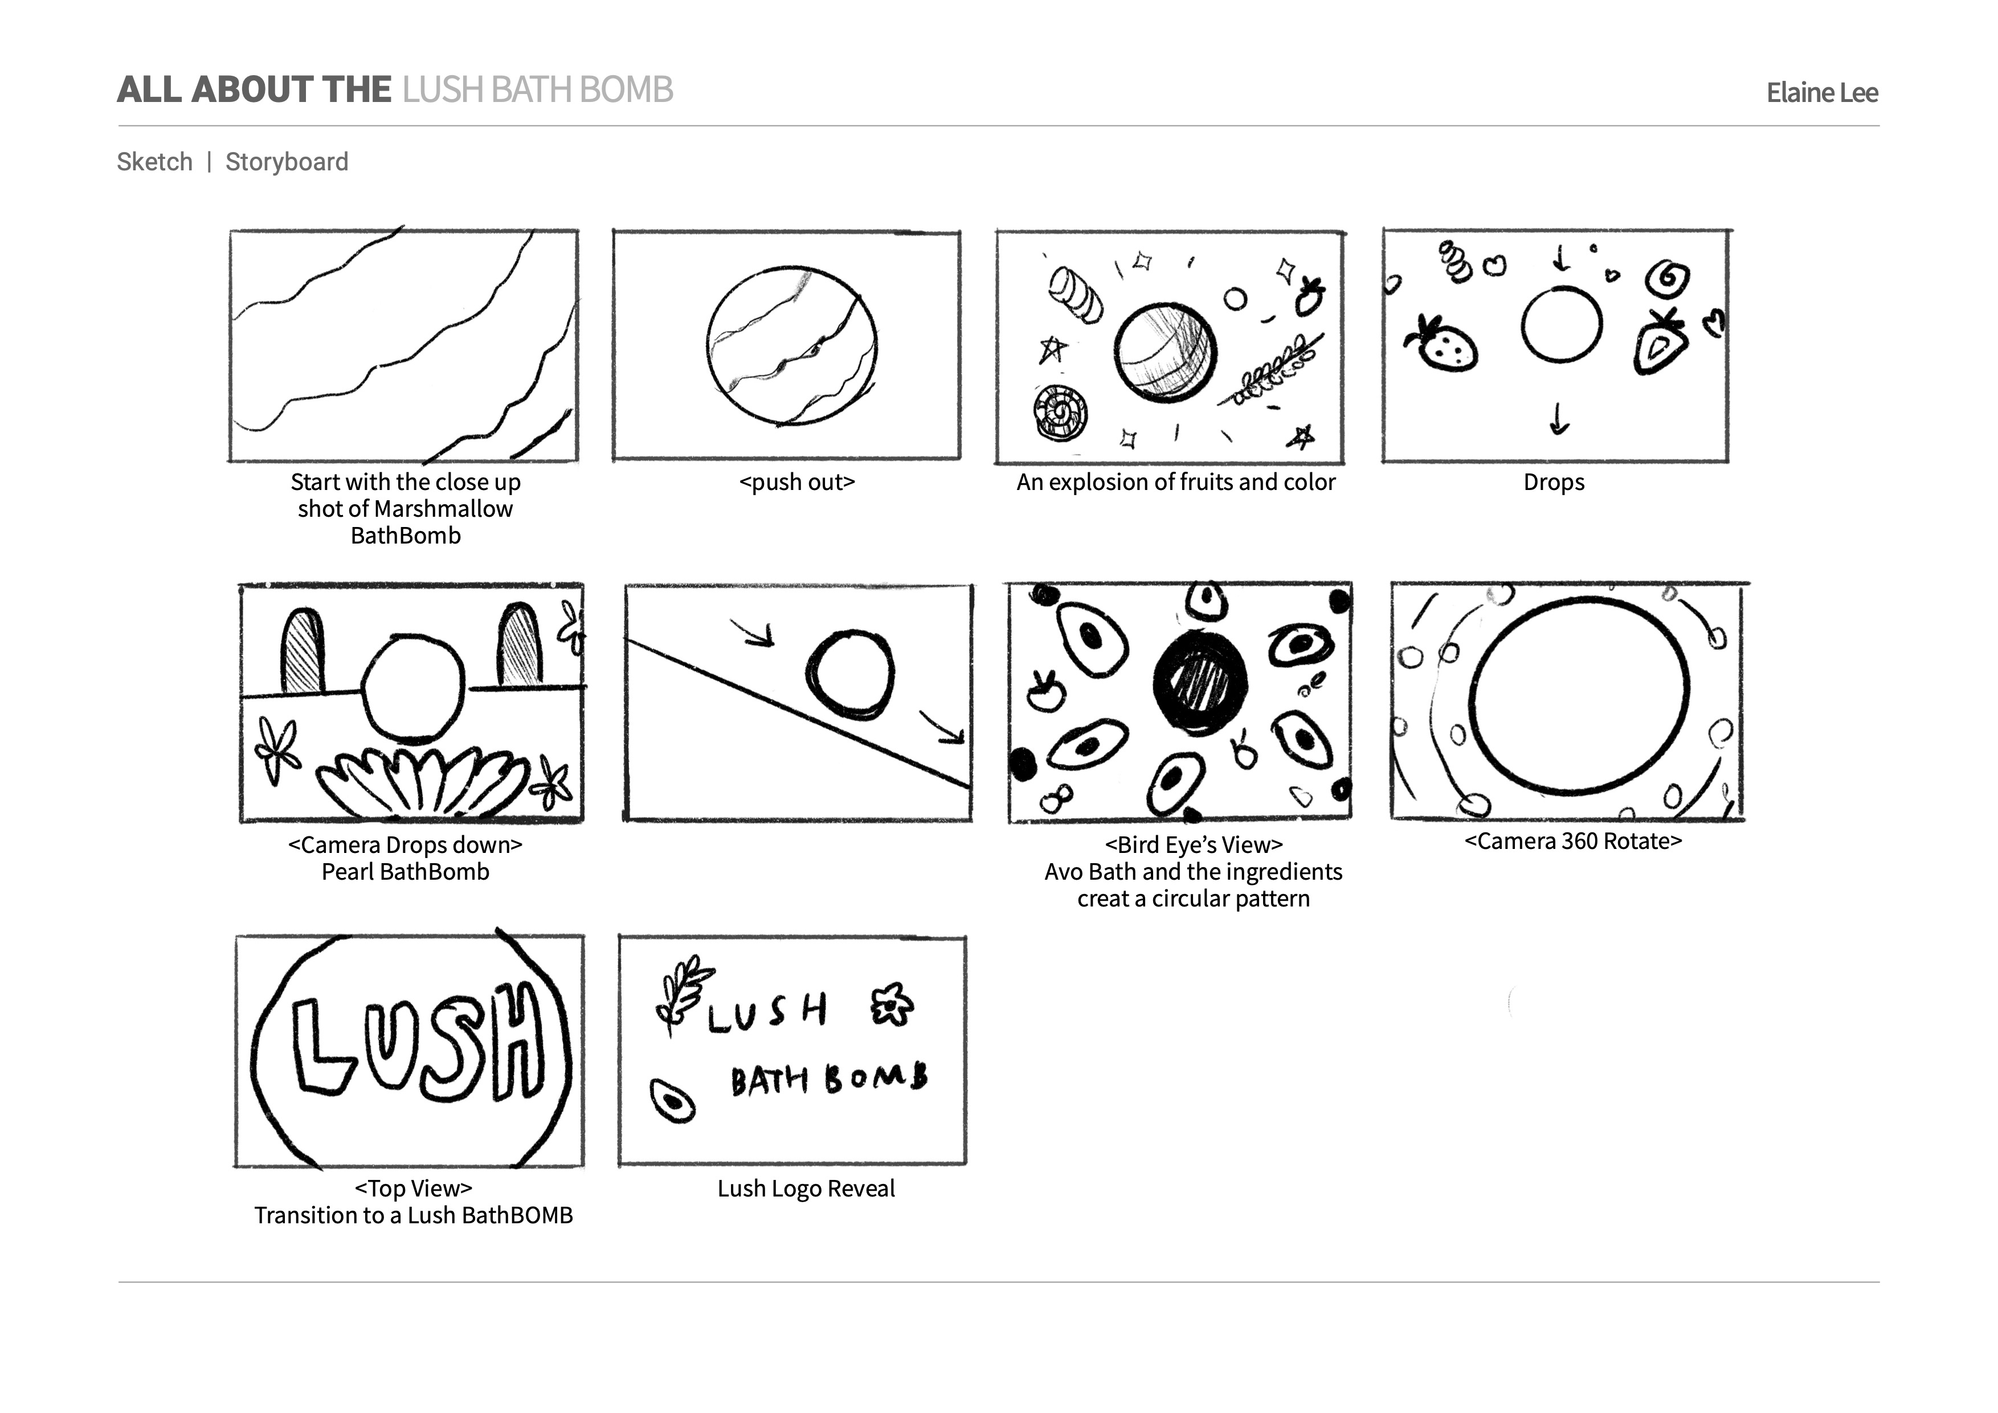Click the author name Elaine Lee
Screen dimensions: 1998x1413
[1821, 92]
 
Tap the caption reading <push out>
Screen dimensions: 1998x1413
[796, 482]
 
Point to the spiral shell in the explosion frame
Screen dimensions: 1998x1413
[1060, 413]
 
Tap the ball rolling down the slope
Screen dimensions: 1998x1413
[849, 674]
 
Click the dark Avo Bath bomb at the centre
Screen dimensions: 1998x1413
[1200, 681]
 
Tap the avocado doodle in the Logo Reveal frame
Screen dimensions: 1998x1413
[673, 1101]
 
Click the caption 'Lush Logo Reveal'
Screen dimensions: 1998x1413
[806, 1189]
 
